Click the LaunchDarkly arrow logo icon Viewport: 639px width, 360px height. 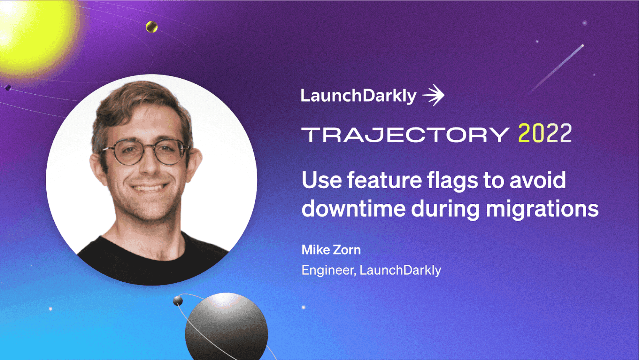pyautogui.click(x=434, y=95)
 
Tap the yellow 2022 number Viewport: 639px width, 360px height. pyautogui.click(x=545, y=133)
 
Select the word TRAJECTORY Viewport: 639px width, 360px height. pyautogui.click(x=405, y=135)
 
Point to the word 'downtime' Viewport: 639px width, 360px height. pyautogui.click(x=354, y=208)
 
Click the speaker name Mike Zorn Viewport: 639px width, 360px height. pyautogui.click(x=331, y=250)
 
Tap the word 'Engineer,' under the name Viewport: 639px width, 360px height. pyautogui.click(x=329, y=270)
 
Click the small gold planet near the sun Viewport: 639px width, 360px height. pyautogui.click(x=151, y=27)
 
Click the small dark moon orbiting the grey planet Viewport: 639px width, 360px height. pyautogui.click(x=178, y=301)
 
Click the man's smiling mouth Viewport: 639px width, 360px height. pyautogui.click(x=149, y=187)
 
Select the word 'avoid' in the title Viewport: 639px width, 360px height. pyautogui.click(x=538, y=180)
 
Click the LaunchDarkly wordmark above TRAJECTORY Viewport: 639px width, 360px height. pyautogui.click(x=358, y=96)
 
